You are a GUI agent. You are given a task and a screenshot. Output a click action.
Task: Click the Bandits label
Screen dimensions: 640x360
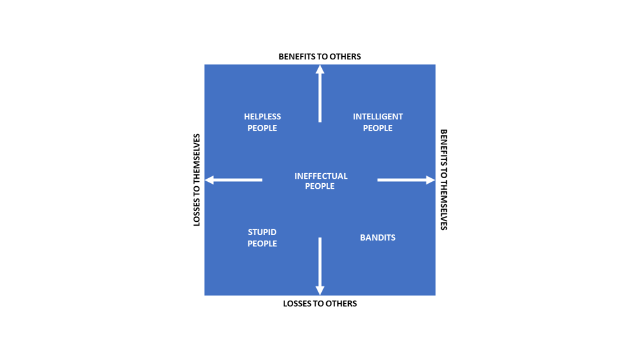[377, 237]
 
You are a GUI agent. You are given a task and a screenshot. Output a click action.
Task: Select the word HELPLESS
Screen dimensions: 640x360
[262, 117]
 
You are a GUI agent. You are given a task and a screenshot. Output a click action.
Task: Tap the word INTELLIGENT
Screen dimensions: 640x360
[378, 117]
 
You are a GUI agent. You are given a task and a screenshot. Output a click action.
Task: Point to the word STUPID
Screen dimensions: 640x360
[262, 232]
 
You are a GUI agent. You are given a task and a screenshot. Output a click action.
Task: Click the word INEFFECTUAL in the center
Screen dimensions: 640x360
[321, 176]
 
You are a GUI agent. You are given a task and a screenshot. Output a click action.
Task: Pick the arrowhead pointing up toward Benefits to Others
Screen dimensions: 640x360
[320, 69]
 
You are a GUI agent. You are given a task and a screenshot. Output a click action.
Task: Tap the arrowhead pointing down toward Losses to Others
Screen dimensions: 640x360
[320, 290]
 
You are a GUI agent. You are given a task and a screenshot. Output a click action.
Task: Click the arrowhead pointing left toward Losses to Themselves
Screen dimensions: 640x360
[209, 180]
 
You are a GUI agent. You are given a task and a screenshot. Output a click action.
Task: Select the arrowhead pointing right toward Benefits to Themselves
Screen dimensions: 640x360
[430, 180]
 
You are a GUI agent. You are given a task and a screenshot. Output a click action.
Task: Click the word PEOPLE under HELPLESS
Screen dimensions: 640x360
[262, 128]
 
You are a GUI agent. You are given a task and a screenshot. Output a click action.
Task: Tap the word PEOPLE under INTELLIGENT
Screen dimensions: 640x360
[378, 128]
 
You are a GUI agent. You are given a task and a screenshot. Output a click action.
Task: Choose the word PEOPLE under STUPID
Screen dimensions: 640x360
[262, 244]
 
